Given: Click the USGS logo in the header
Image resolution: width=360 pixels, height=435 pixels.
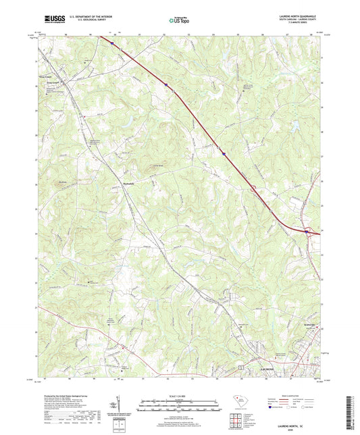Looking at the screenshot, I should tap(53, 21).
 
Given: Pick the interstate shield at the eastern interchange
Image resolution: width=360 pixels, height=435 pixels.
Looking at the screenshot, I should tap(307, 232).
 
